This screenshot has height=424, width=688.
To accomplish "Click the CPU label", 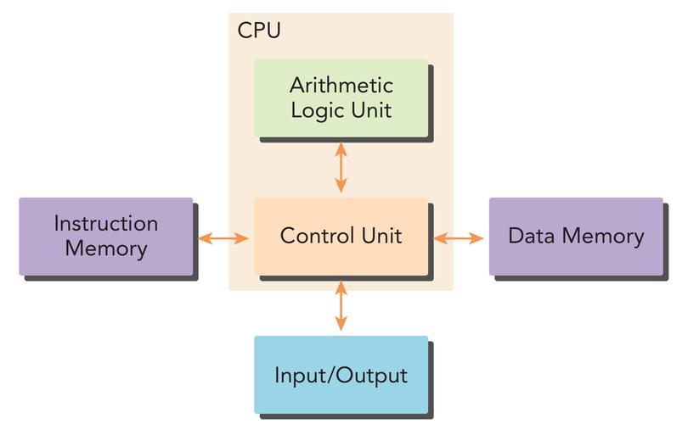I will [258, 31].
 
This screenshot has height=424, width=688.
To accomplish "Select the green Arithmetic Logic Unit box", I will [341, 98].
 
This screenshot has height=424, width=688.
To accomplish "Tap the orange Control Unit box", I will [341, 237].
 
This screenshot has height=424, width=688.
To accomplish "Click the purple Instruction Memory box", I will [105, 237].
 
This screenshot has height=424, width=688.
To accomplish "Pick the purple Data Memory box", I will [575, 237].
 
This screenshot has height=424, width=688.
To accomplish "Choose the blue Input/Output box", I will [341, 374].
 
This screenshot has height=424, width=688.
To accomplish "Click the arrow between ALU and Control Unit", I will [341, 167].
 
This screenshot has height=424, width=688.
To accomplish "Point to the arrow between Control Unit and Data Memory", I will [459, 238].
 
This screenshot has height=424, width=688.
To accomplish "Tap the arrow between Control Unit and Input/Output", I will [341, 305].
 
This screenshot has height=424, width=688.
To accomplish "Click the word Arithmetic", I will [341, 86].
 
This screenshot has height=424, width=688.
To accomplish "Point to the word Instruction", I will [105, 224].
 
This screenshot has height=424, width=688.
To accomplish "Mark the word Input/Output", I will [341, 375].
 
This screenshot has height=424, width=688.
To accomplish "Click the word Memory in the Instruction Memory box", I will [105, 249].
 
